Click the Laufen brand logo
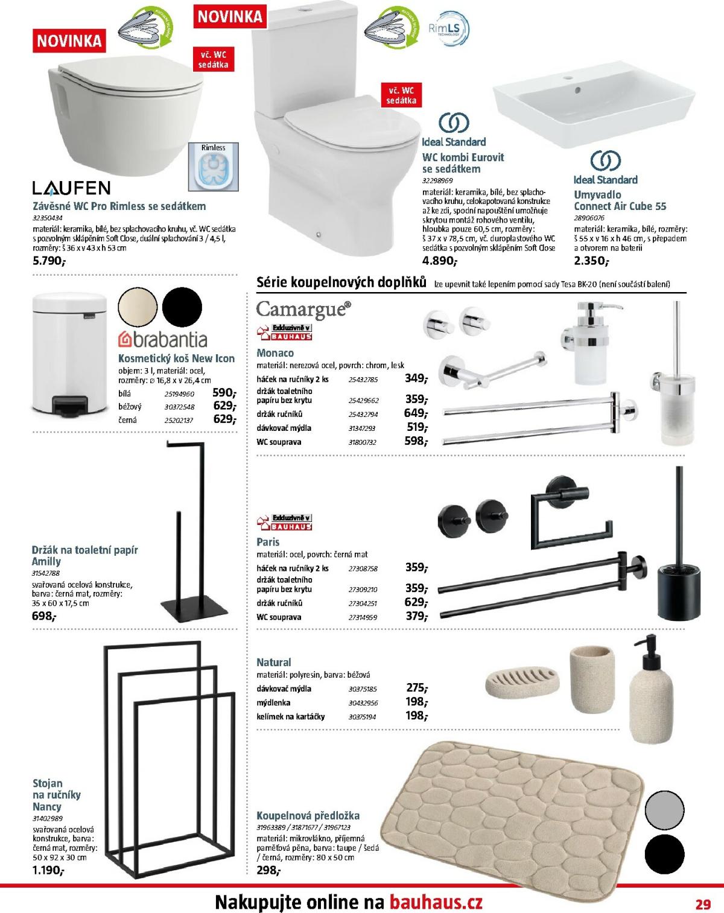pyautogui.click(x=71, y=188)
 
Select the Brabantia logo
pyautogui.click(x=163, y=340)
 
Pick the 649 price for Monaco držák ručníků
pyautogui.click(x=415, y=414)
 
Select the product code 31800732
pyautogui.click(x=363, y=442)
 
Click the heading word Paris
pyautogui.click(x=268, y=542)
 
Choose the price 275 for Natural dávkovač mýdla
pyautogui.click(x=416, y=688)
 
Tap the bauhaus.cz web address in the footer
pyautogui.click(x=436, y=903)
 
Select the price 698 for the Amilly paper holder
pyautogui.click(x=43, y=616)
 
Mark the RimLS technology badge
pyautogui.click(x=448, y=29)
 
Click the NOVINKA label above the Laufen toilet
pyautogui.click(x=69, y=41)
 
